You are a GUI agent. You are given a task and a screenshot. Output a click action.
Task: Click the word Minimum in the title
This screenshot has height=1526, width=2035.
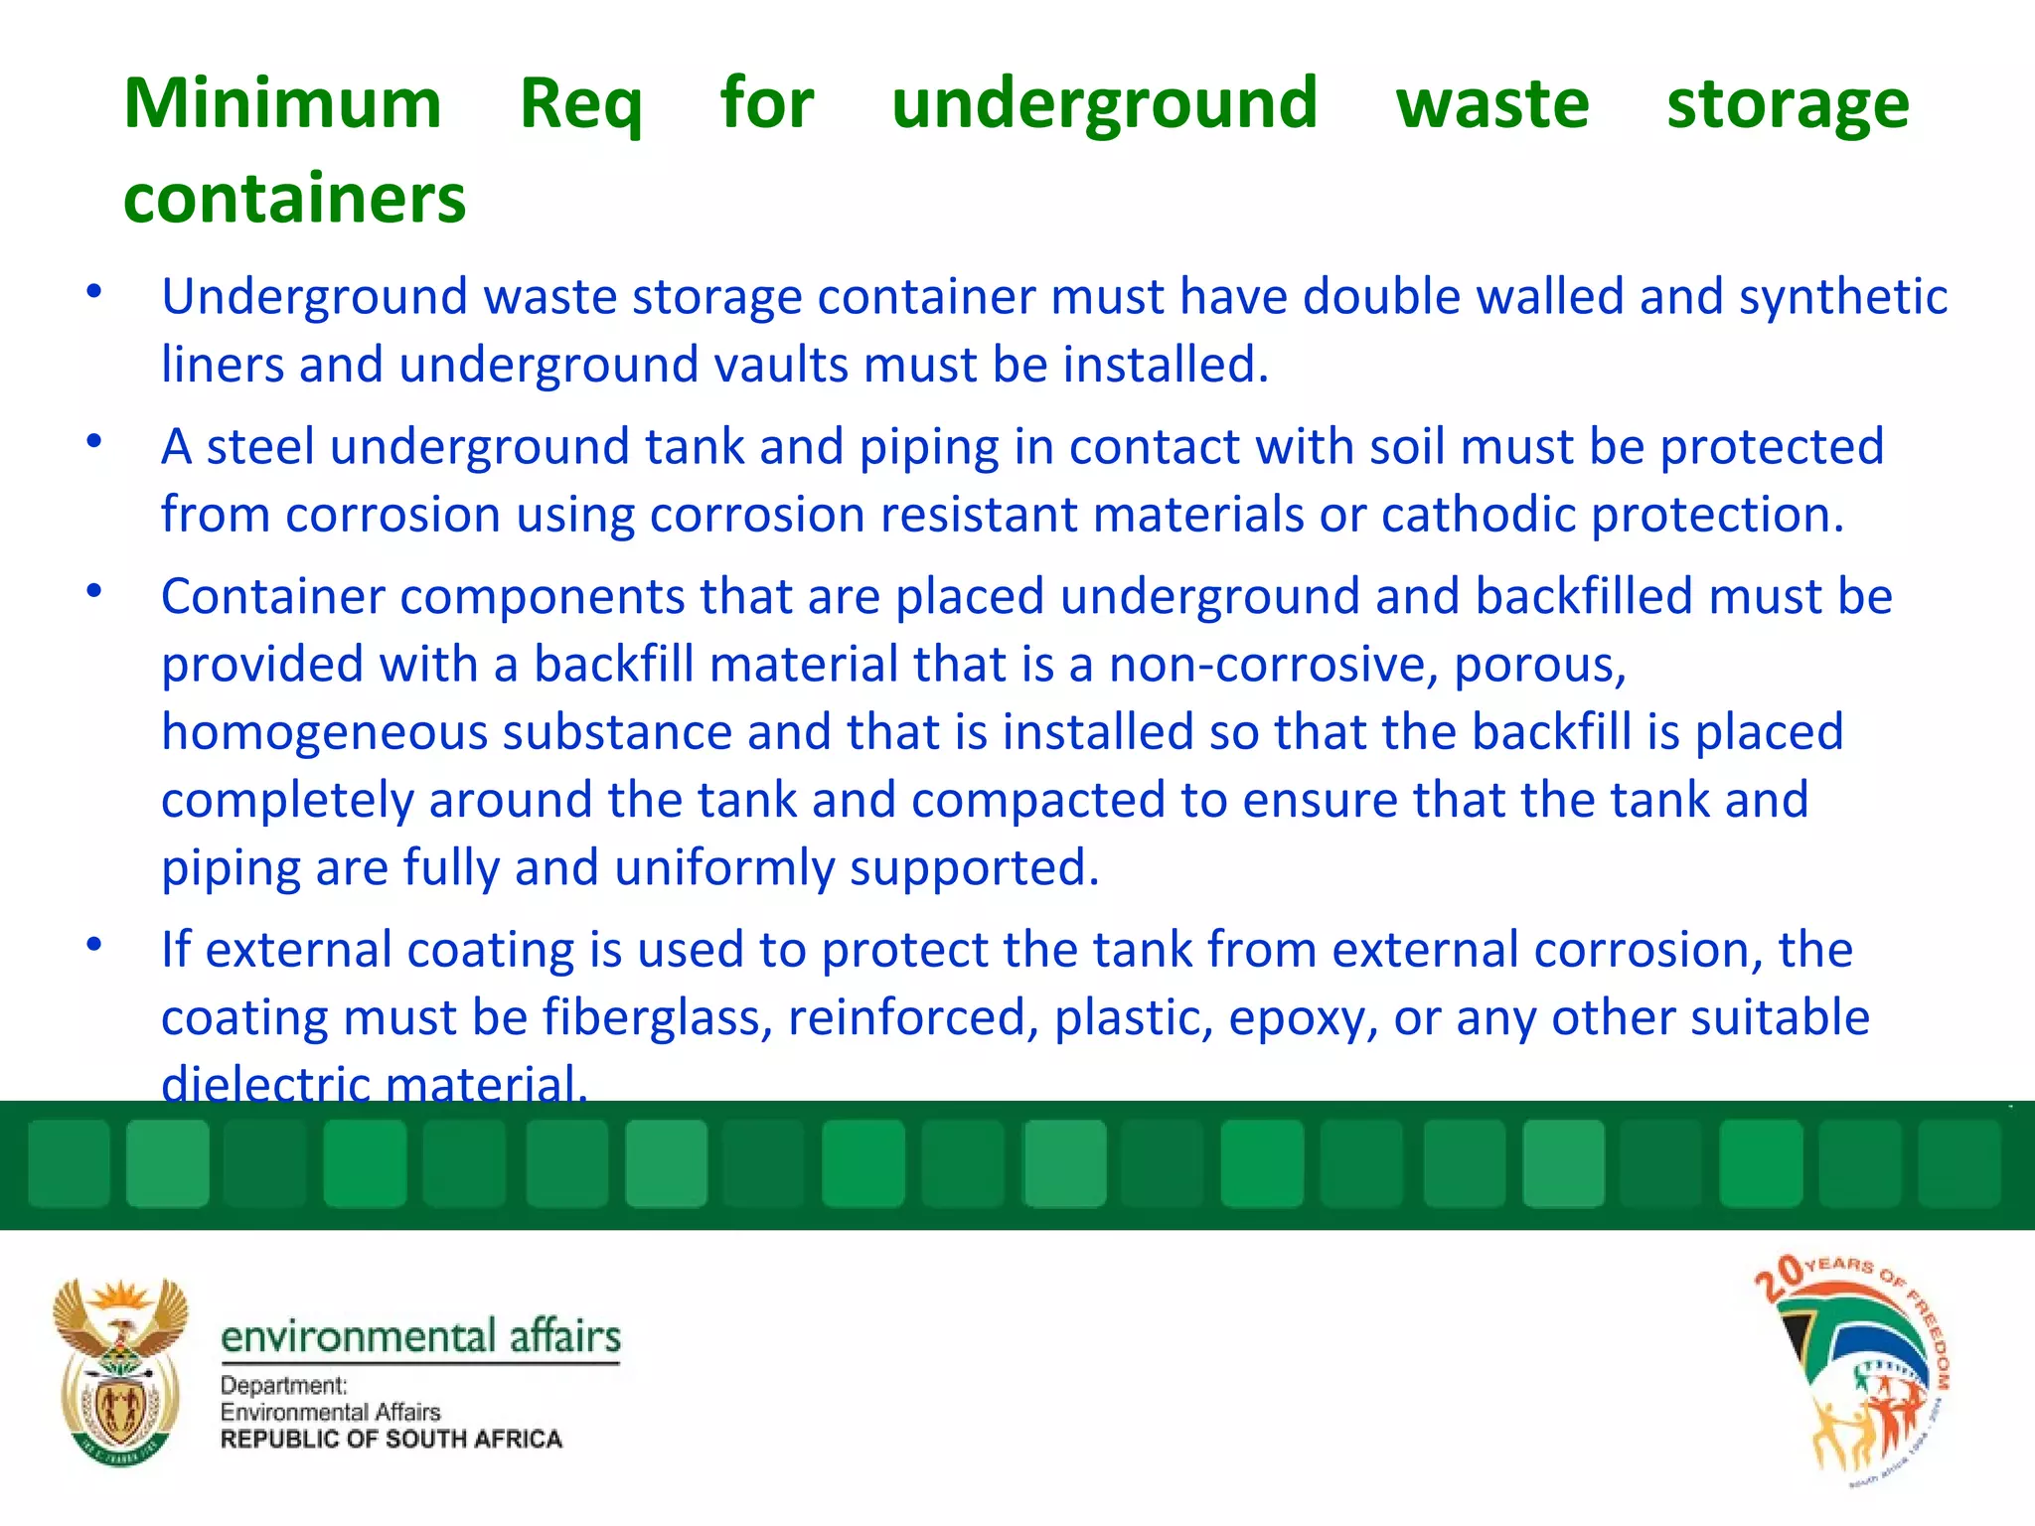(x=282, y=103)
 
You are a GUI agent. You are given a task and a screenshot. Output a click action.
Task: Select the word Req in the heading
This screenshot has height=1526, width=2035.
(x=581, y=103)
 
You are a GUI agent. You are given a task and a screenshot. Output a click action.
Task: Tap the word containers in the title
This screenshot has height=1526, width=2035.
(x=294, y=199)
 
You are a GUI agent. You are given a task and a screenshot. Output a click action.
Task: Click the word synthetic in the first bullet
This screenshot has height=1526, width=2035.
(x=1842, y=297)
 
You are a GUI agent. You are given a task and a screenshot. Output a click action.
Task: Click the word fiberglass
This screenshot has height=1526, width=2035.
(x=657, y=1017)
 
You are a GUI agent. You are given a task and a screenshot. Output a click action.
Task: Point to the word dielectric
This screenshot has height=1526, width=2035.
(x=265, y=1083)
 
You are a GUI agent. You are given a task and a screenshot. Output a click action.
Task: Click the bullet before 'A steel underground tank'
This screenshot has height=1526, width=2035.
(x=94, y=442)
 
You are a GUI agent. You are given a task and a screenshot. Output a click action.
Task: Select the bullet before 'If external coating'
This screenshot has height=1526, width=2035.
(x=94, y=945)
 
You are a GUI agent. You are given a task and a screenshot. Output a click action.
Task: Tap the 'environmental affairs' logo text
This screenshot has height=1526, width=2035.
(x=420, y=1336)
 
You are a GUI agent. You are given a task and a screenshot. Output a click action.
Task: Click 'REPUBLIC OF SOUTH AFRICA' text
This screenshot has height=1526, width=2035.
(x=391, y=1439)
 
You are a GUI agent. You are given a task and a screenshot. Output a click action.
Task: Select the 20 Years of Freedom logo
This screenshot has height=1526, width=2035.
(x=1853, y=1371)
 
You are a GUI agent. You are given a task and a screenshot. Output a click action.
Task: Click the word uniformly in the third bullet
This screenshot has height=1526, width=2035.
(x=724, y=868)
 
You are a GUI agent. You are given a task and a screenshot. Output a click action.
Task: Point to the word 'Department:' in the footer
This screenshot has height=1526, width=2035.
(x=283, y=1385)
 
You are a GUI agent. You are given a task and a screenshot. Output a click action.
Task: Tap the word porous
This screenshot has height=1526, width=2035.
(x=1539, y=665)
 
